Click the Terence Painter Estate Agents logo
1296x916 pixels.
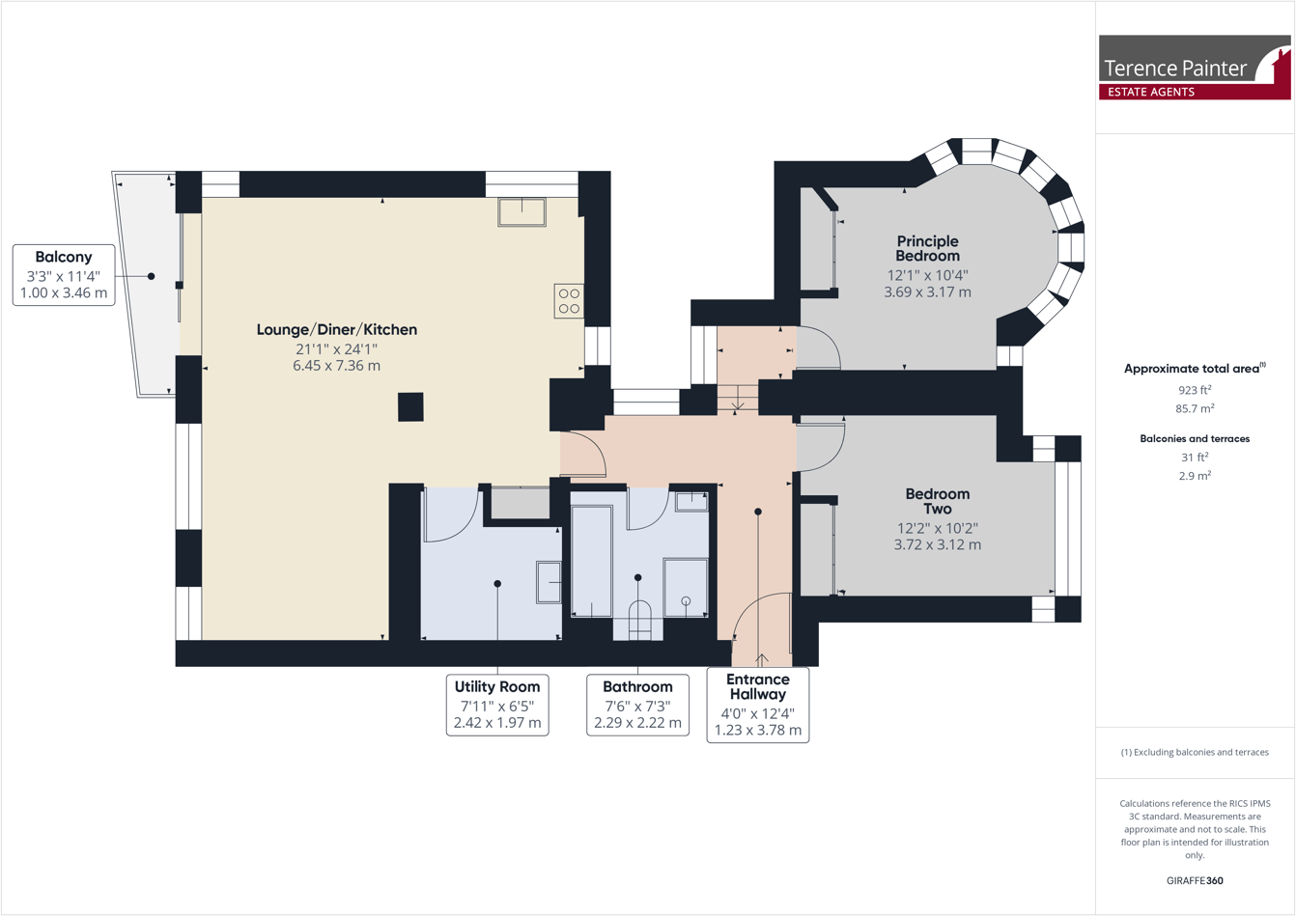1195,68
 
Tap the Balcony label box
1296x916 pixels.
64,275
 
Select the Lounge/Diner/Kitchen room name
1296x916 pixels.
336,329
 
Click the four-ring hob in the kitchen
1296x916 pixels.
569,301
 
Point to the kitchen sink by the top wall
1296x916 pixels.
521,211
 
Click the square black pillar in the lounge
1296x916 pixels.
410,406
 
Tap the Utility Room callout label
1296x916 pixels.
497,705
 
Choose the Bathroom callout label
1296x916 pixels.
637,705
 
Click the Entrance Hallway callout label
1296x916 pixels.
758,705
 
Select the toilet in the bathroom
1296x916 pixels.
640,620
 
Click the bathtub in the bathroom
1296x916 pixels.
591,561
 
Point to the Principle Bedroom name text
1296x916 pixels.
927,248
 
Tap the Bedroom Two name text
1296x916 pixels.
937,501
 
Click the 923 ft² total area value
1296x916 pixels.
1195,390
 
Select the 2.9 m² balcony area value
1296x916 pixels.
1195,476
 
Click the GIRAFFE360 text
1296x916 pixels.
1195,880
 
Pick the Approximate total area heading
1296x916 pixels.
1195,368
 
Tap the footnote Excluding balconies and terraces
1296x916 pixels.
1195,752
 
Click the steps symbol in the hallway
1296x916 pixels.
737,397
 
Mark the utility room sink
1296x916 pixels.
549,583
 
